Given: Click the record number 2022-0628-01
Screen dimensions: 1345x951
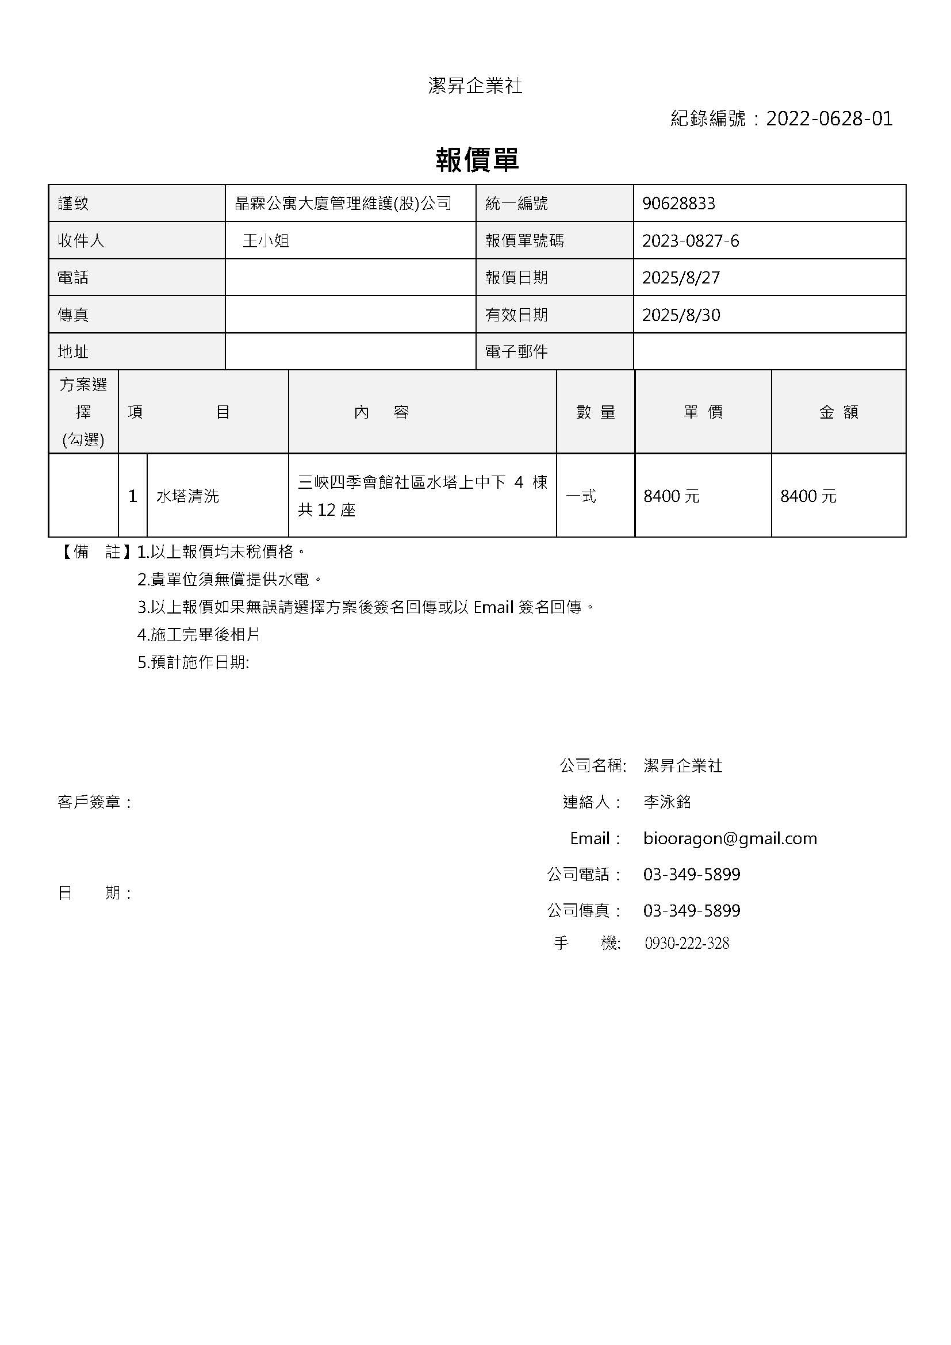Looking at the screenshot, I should (829, 119).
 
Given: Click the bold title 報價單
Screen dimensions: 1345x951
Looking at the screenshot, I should (477, 160).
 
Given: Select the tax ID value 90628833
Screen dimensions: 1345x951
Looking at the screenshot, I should (678, 203).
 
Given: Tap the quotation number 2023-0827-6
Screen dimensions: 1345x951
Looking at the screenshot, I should (691, 241).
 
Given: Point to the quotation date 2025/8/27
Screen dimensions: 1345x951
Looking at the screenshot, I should (680, 278).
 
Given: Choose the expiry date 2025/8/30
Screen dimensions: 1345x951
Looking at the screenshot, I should (680, 315).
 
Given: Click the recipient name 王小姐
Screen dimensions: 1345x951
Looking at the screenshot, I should (266, 241).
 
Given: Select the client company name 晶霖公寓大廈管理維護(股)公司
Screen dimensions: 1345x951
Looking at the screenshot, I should (343, 203).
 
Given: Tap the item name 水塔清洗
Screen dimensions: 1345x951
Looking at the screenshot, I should (187, 496).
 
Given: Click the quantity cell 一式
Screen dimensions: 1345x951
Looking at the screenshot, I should (581, 496).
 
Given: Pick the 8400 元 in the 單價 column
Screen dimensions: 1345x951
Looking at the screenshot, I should (671, 496).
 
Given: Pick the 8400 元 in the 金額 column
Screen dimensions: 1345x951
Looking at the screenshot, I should (808, 496).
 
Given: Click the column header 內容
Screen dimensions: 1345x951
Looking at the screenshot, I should (381, 412).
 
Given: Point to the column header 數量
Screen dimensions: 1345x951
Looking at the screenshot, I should (596, 412).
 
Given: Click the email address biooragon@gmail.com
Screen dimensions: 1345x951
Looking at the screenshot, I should (730, 838).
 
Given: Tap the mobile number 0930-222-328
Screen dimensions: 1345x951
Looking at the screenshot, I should (687, 943).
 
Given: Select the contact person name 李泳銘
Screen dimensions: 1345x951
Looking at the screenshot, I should (667, 802).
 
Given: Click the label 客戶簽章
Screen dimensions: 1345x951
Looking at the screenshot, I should (94, 802).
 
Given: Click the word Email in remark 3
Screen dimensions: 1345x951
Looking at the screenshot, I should (493, 607).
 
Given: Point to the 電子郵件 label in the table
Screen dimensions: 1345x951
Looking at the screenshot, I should (516, 351).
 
